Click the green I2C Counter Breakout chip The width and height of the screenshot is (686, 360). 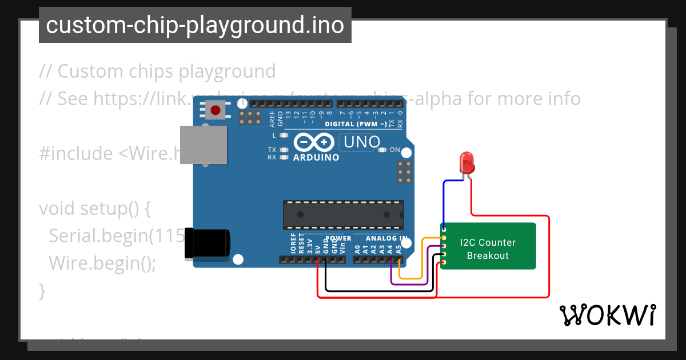tap(489, 246)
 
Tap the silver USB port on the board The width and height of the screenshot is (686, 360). tap(203, 145)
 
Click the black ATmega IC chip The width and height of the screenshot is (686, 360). tap(343, 214)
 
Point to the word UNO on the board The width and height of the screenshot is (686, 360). tap(360, 141)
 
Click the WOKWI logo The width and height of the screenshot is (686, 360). tap(607, 315)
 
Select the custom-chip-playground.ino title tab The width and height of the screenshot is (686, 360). tap(195, 25)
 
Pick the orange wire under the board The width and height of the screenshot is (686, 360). tap(412, 279)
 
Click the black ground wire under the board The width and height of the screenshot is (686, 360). tap(377, 291)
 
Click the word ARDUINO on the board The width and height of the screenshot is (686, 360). tap(316, 157)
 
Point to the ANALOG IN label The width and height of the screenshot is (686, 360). tap(386, 238)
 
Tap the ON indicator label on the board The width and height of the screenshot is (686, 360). tap(395, 150)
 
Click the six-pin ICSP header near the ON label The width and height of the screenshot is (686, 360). tap(405, 172)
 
